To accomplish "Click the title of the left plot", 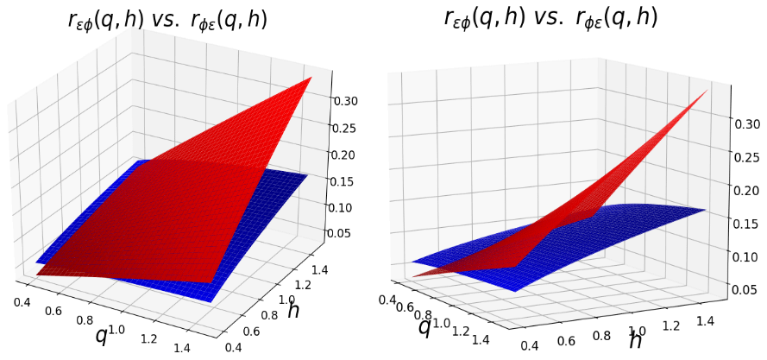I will coord(167,21).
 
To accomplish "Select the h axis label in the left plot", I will coord(293,311).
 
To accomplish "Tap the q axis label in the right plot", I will coord(424,326).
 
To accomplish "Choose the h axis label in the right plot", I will coord(636,340).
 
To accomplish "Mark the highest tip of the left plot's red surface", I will coord(311,78).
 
